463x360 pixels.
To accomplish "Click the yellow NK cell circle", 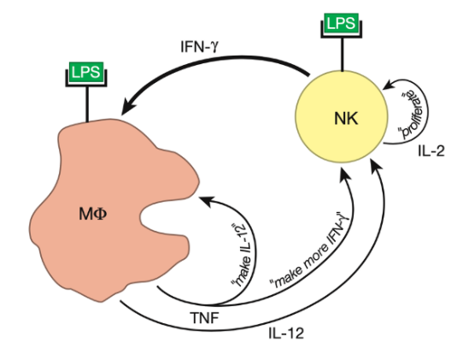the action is (342, 116).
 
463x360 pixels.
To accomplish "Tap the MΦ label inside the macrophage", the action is (93, 214).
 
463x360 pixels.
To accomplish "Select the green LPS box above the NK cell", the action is (342, 23).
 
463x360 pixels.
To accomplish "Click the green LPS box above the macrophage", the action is (86, 72).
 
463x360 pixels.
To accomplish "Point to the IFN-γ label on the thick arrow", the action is (200, 47).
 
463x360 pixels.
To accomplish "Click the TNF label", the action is (205, 318).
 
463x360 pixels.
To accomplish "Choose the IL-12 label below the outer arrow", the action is (286, 333).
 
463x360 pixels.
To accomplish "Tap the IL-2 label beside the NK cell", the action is (431, 151).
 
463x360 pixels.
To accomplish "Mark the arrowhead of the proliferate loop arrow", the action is (389, 85).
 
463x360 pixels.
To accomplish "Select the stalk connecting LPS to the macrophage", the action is (87, 103).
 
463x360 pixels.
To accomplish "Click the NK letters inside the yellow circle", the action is (346, 118).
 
